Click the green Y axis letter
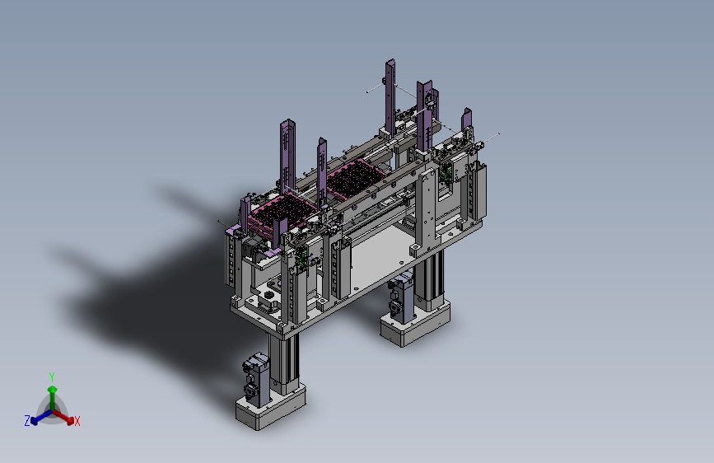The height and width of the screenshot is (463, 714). (52, 376)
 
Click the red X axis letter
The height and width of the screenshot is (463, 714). (77, 421)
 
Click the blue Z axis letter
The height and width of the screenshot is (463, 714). (27, 421)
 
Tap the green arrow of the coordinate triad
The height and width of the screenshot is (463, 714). (53, 398)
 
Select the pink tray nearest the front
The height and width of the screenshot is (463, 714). (282, 213)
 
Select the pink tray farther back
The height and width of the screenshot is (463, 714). (356, 178)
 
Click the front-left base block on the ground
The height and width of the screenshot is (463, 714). (270, 407)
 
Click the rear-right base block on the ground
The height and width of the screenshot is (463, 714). (415, 324)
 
